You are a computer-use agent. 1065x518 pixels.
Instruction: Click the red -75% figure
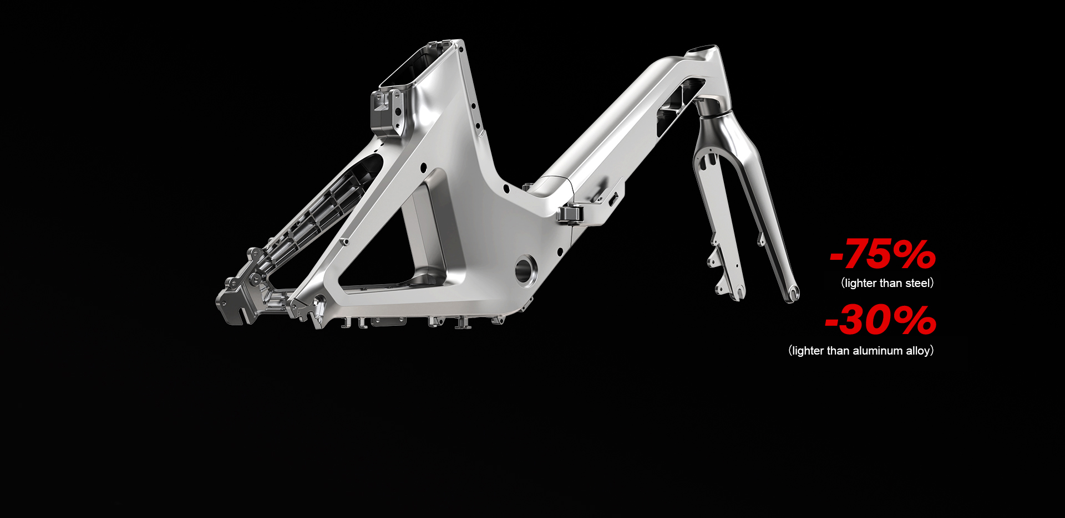[883, 254]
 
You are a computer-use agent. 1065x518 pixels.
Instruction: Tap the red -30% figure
[880, 320]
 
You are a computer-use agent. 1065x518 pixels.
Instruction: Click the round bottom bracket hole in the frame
[525, 269]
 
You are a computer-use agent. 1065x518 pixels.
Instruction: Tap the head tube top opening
[702, 50]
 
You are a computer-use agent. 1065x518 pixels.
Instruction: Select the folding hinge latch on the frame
[570, 213]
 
